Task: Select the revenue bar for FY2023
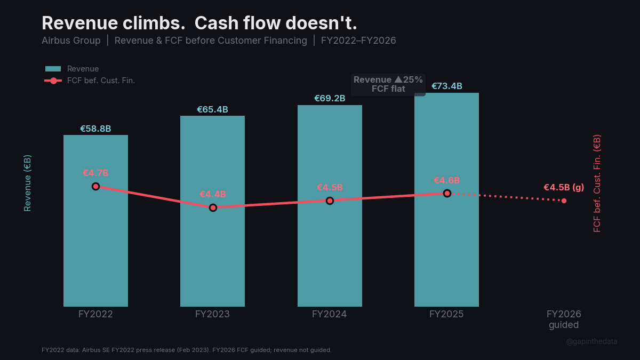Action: point(212,256)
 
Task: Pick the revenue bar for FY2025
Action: point(446,251)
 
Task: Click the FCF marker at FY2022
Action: point(95,186)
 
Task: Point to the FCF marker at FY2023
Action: point(213,207)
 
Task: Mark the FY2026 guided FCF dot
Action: point(564,201)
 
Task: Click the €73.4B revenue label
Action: point(446,86)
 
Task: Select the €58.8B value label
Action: point(95,129)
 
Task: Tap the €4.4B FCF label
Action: point(213,194)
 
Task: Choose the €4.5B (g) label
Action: point(564,187)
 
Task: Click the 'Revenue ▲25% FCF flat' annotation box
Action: point(388,84)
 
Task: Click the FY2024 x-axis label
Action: point(330,314)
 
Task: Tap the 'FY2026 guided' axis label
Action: point(564,319)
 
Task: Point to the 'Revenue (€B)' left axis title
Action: point(27,183)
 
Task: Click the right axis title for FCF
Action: point(597,183)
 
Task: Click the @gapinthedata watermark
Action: point(591,341)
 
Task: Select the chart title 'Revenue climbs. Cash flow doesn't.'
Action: point(199,23)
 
